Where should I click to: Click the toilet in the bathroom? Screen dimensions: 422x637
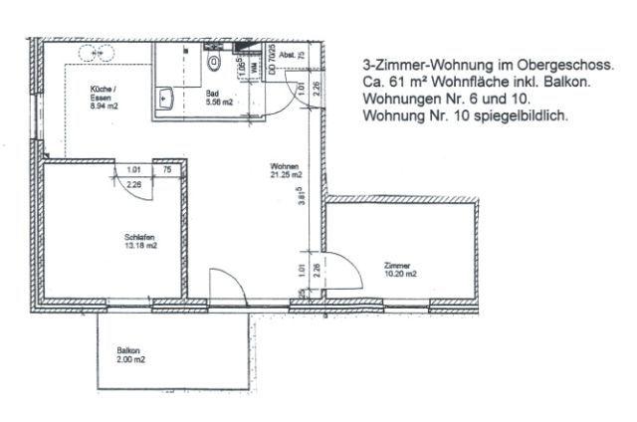212,63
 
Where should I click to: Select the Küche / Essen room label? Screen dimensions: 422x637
102,93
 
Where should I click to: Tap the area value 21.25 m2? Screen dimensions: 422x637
286,176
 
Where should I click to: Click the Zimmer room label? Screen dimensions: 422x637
396,266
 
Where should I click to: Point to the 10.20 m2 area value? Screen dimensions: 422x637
399,276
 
